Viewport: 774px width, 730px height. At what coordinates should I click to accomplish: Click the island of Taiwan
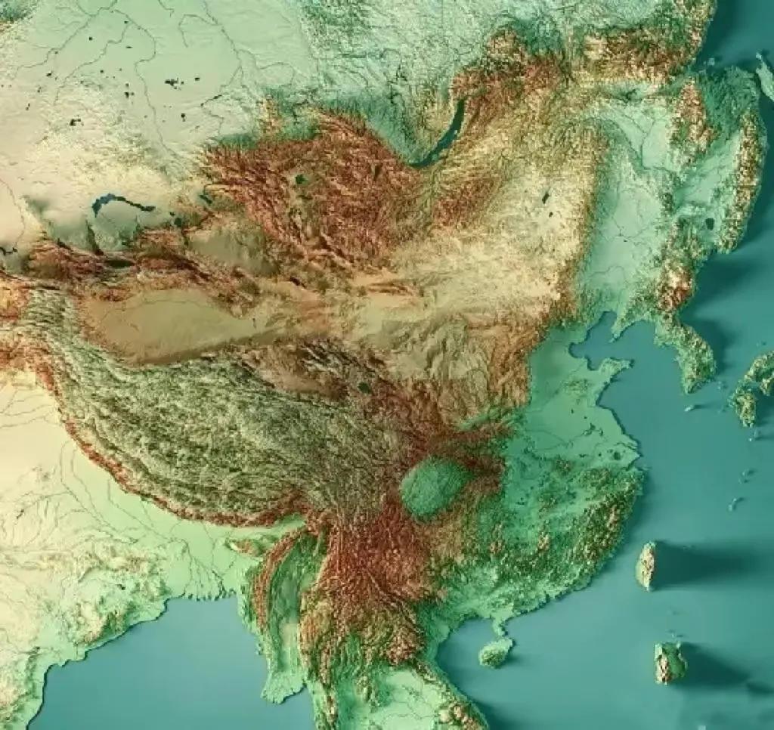click(x=646, y=565)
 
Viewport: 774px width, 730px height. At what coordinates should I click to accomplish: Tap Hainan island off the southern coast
click(x=496, y=651)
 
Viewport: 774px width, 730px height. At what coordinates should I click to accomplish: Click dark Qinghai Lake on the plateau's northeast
click(x=364, y=388)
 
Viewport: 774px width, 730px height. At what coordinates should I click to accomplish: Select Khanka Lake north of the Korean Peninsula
click(x=708, y=224)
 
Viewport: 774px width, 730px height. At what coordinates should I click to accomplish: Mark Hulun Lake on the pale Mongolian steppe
click(x=544, y=198)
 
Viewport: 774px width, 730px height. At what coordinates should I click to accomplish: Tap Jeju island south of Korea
click(x=689, y=409)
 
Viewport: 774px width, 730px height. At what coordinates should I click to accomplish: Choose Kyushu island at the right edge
click(x=752, y=389)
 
